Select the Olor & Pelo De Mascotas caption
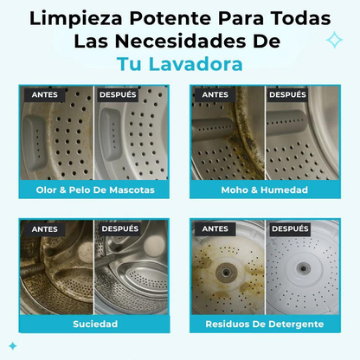click(94, 190)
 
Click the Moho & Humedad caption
click(265, 190)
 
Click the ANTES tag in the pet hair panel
click(45, 94)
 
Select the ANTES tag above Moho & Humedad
click(215, 94)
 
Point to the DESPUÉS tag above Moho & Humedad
click(288, 94)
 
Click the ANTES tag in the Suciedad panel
click(45, 229)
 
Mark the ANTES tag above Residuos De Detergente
click(215, 229)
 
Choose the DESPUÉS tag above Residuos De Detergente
click(288, 229)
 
